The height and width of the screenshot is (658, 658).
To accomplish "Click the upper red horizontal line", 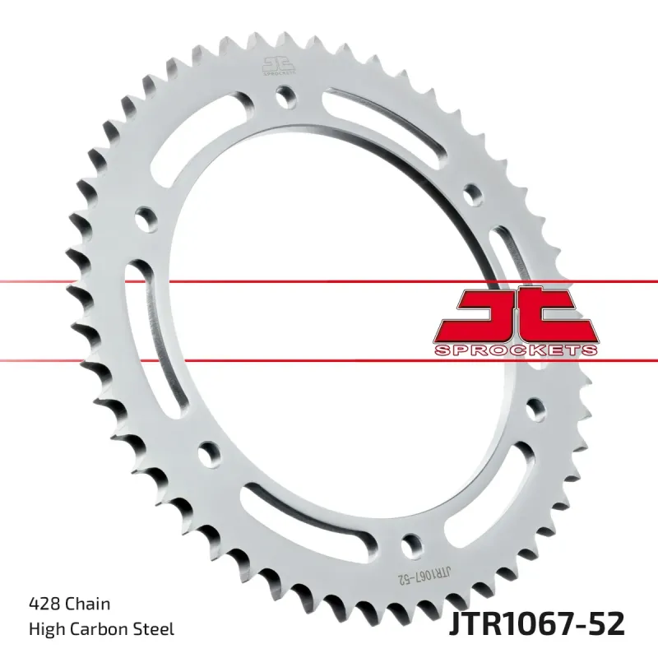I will [329, 282].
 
